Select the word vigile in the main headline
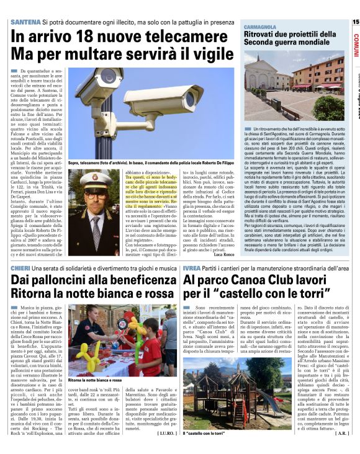[x=207, y=53]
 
